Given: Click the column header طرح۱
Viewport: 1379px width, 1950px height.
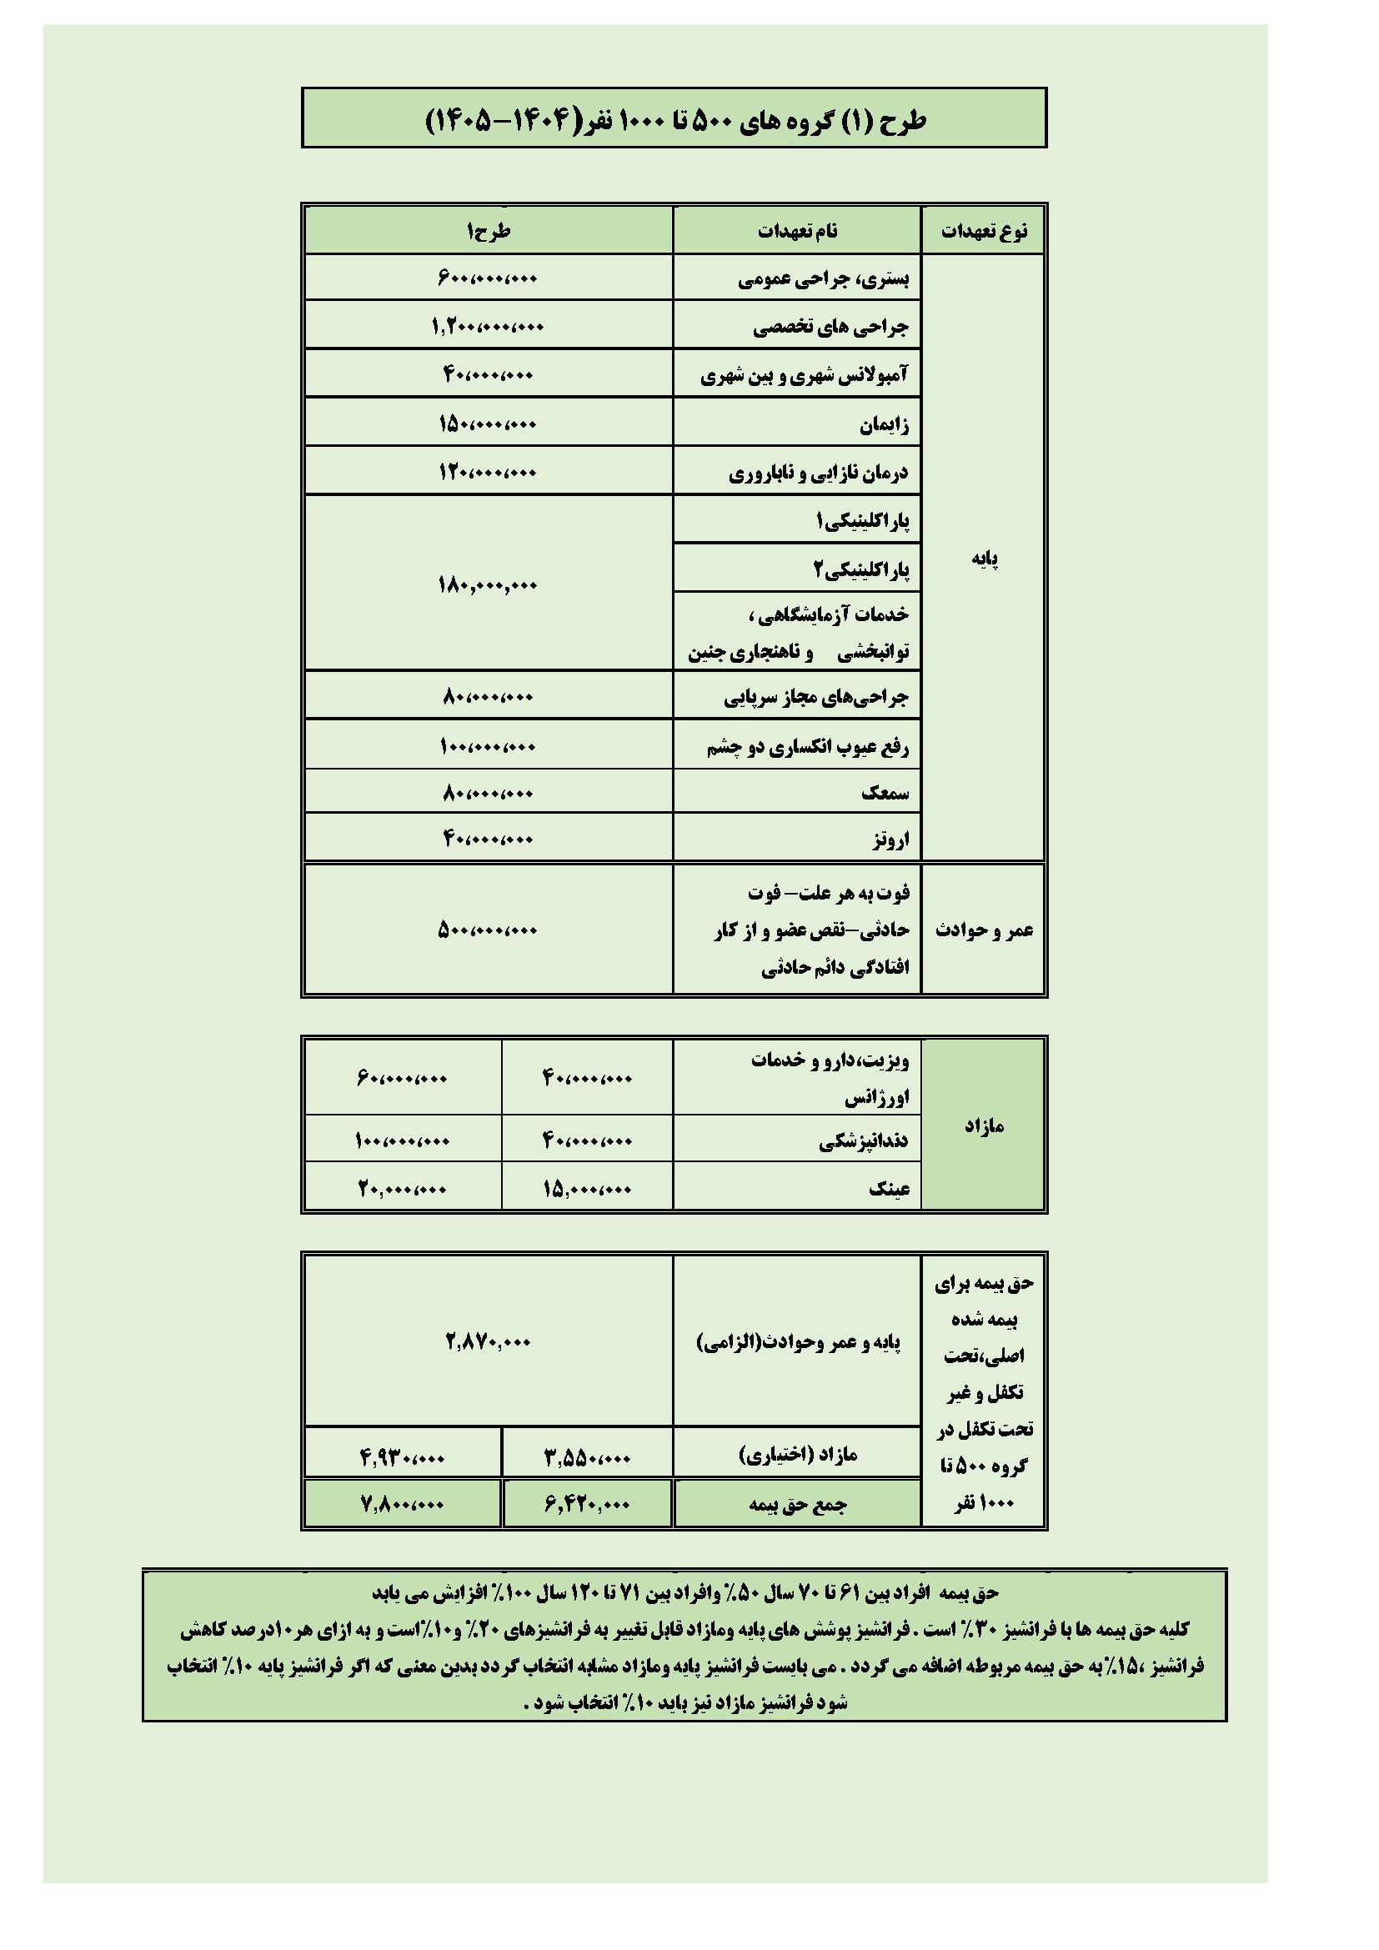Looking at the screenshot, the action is pos(488,230).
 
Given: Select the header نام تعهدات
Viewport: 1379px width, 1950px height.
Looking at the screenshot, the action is pos(797,231).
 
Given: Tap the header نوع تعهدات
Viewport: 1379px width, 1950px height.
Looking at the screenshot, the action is pos(983,231).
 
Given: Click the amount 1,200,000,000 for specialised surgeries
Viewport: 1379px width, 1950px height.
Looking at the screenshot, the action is pos(488,326).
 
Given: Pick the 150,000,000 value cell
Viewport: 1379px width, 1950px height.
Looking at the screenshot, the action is pos(488,423).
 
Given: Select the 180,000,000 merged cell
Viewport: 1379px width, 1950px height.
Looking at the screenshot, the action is pos(488,584).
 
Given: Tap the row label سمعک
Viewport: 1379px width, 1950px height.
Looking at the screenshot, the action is pos(885,792).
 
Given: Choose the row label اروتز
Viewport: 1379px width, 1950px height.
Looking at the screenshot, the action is pos(889,840).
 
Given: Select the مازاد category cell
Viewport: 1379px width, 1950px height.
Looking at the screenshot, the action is pos(983,1126).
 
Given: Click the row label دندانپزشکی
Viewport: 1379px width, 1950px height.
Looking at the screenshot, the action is pos(864,1140).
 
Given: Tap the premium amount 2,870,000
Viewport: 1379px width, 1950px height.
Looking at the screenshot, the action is pos(488,1342).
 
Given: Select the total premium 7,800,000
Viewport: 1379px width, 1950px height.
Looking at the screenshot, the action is pos(402,1504).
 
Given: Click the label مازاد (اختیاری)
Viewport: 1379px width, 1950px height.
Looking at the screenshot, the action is pos(797,1456).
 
